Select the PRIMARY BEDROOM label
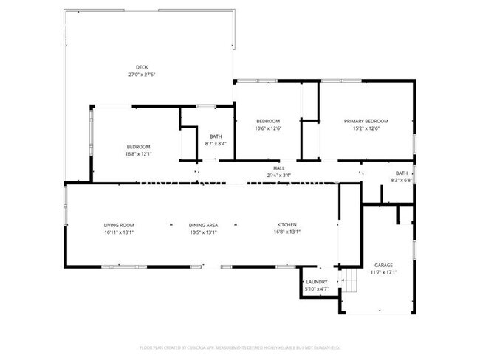coord(366,121)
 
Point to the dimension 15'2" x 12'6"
coord(366,128)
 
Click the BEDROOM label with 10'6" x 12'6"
coord(267,121)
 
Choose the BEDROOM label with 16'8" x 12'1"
coord(138,146)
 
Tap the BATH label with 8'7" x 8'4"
coord(216,136)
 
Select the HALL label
coord(279,169)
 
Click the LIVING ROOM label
coord(118,224)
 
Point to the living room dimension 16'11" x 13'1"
coord(118,232)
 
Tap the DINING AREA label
coord(202,224)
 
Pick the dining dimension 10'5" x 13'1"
coord(202,232)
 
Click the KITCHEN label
coord(287,224)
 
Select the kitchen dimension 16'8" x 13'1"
coord(287,232)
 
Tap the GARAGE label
coord(383,264)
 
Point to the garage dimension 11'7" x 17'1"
coord(383,271)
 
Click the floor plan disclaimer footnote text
coord(240,347)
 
